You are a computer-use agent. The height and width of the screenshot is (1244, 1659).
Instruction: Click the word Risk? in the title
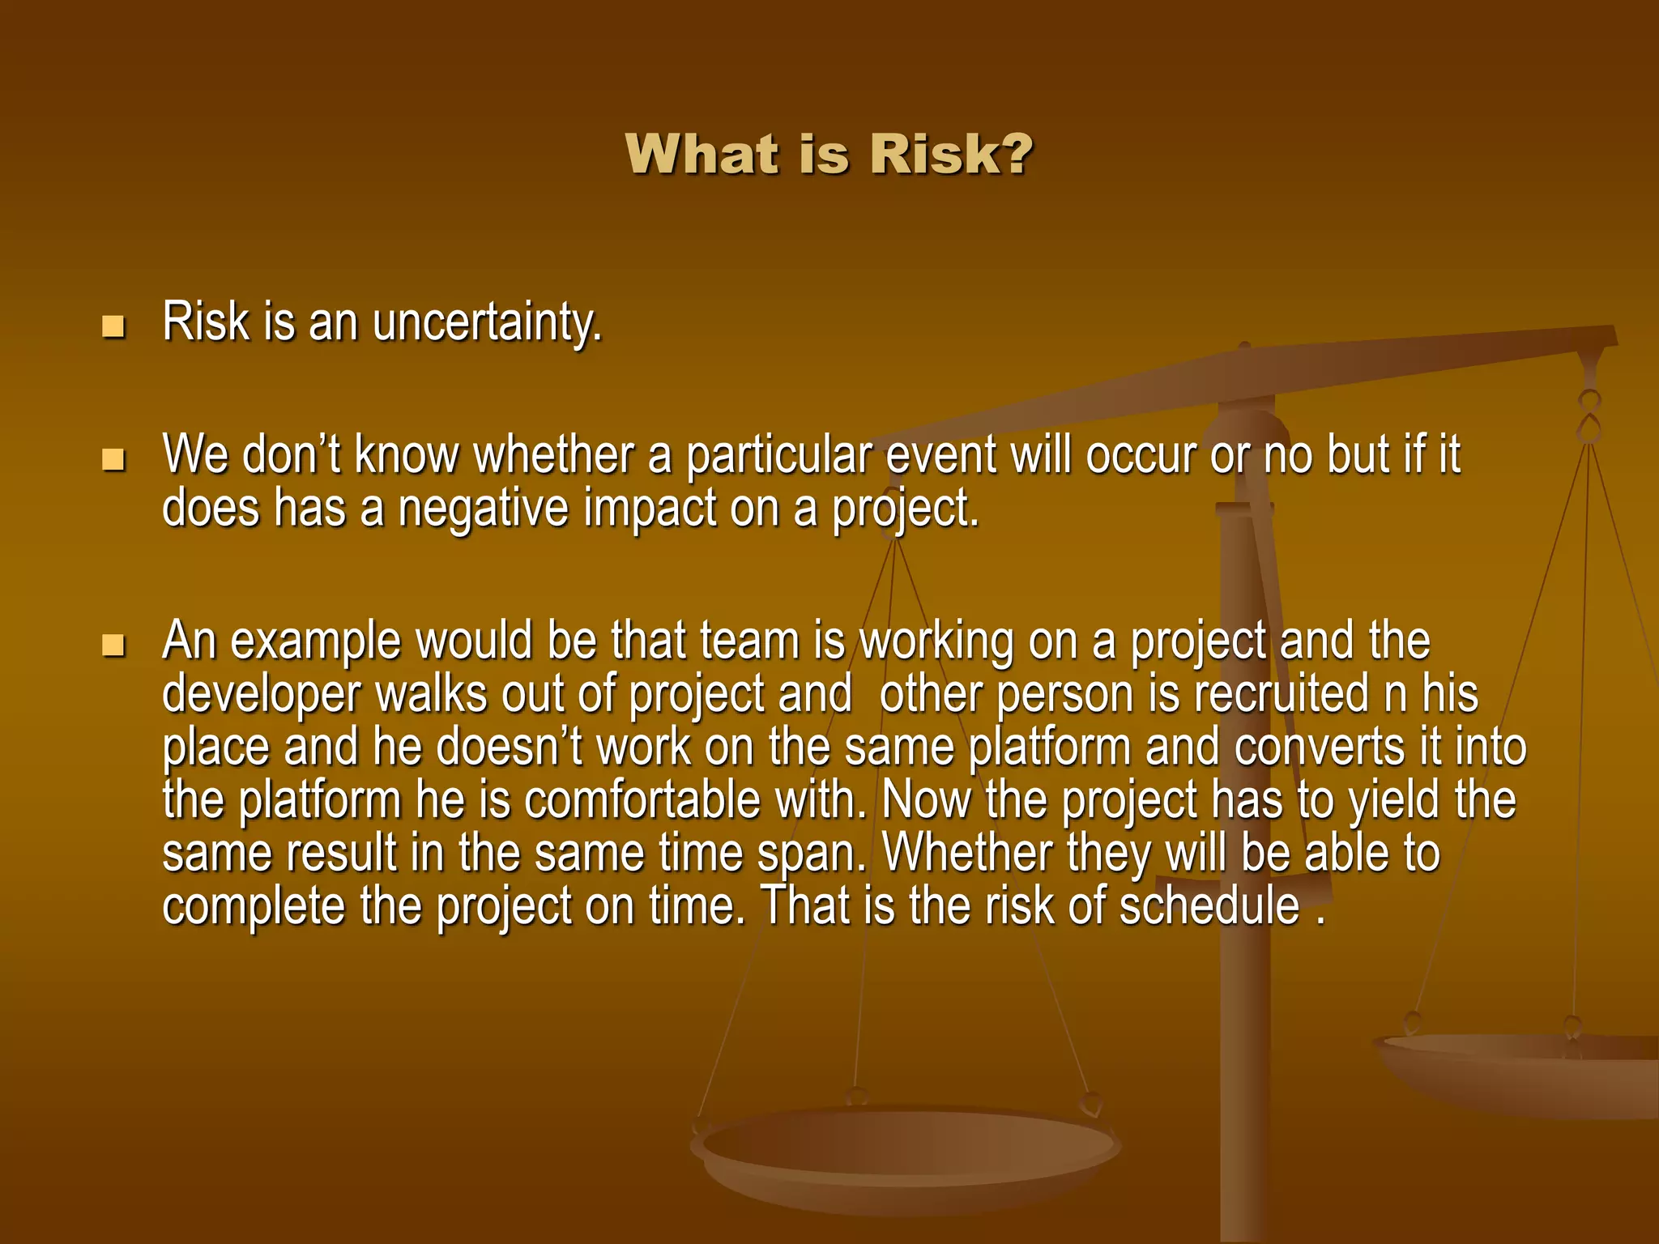coord(951,154)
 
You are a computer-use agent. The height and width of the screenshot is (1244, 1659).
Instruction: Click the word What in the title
coord(703,154)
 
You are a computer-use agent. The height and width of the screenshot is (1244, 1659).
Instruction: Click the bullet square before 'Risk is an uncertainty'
coord(113,326)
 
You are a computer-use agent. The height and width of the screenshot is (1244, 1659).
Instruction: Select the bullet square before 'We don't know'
coord(113,460)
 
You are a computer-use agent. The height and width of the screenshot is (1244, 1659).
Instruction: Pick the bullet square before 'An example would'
coord(113,645)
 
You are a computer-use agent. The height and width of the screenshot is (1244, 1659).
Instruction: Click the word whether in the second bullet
coord(553,454)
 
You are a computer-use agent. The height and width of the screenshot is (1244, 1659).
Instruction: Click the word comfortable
coord(642,801)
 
